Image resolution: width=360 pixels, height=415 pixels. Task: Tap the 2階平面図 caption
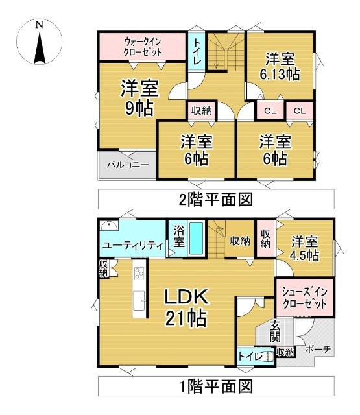tap(216, 198)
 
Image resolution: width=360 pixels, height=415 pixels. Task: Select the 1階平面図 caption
tap(216, 387)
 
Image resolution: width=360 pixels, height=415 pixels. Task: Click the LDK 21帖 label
tap(184, 307)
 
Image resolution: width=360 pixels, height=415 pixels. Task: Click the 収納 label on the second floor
tap(201, 110)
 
